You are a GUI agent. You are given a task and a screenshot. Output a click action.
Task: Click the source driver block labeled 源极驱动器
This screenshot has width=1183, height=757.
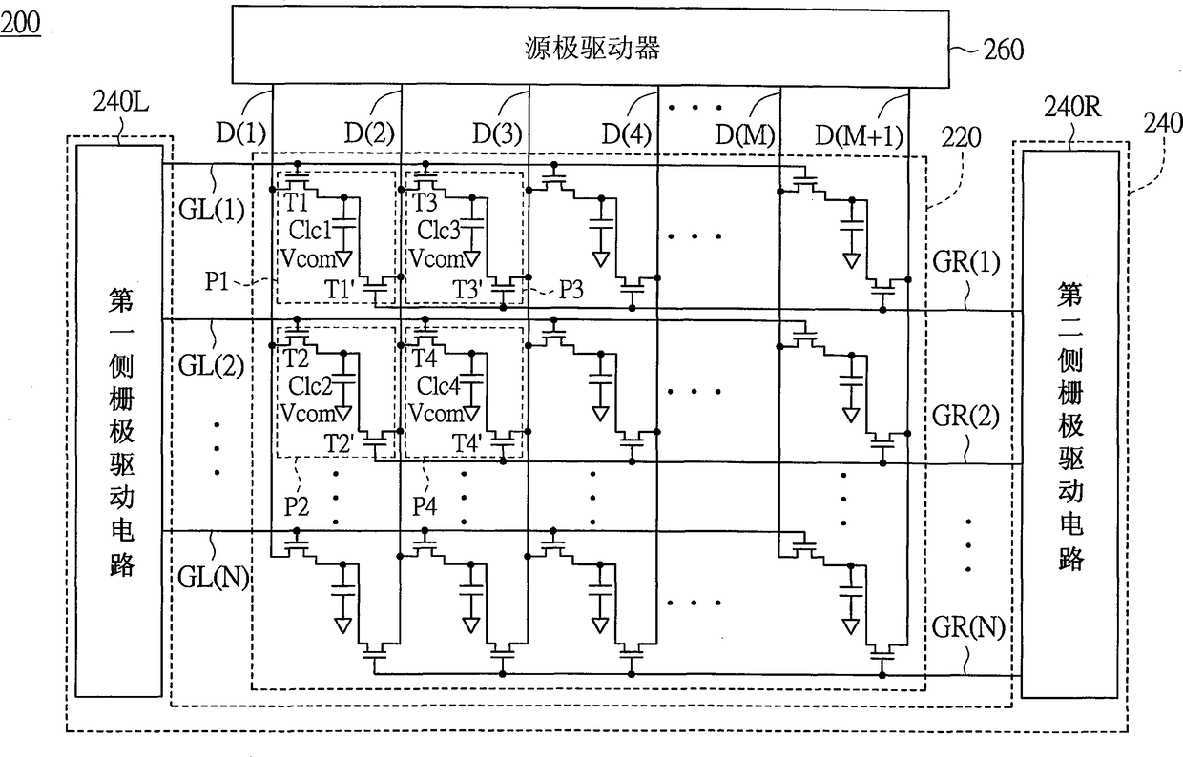click(x=591, y=47)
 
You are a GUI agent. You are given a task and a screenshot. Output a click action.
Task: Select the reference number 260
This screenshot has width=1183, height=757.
click(x=1004, y=51)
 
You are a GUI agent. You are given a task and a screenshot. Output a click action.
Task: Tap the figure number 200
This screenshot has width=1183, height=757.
click(x=20, y=23)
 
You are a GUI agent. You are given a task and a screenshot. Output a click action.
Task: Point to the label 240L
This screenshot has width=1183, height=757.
click(x=121, y=101)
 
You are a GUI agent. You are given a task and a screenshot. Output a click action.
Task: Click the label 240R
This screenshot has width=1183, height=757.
click(x=1072, y=107)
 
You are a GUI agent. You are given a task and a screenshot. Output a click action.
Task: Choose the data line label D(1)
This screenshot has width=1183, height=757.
click(x=240, y=133)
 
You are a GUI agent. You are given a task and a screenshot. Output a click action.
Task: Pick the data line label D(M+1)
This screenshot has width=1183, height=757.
click(x=860, y=135)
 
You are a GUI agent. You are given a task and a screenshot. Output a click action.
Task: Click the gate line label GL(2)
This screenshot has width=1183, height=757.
click(x=211, y=365)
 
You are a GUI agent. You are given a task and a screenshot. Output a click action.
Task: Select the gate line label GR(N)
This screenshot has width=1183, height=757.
click(x=968, y=627)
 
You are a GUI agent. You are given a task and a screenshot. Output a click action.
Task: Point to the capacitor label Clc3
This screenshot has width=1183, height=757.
click(x=438, y=230)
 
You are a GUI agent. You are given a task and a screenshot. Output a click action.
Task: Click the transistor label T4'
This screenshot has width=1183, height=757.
click(x=467, y=442)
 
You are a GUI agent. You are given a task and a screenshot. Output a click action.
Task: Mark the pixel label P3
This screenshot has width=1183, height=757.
click(x=571, y=289)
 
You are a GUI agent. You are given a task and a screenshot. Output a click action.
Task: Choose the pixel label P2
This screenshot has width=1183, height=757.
click(x=297, y=506)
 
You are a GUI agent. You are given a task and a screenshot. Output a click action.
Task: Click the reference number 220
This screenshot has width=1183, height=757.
click(x=962, y=138)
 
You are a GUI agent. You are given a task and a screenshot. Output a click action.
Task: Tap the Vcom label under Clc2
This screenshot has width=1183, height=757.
click(x=308, y=414)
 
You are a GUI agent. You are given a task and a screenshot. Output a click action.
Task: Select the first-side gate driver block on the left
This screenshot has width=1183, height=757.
click(x=119, y=420)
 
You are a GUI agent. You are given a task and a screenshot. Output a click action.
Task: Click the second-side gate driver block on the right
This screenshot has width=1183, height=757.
click(x=1070, y=424)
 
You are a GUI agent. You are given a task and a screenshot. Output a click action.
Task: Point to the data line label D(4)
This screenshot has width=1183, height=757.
click(x=627, y=134)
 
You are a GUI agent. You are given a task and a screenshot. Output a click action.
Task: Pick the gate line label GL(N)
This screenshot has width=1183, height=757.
click(x=214, y=578)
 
